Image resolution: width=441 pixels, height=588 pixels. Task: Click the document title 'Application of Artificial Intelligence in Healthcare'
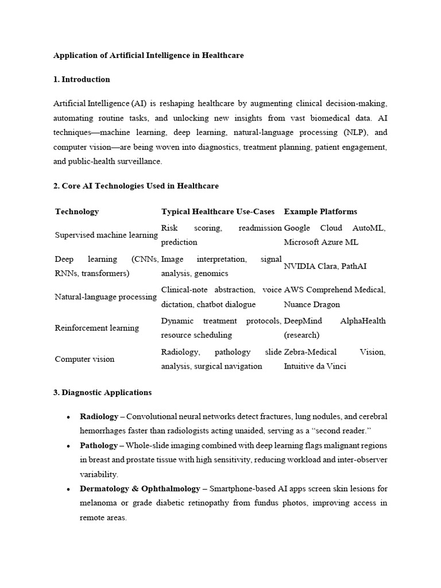point(148,56)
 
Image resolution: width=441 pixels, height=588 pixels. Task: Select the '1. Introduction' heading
point(82,79)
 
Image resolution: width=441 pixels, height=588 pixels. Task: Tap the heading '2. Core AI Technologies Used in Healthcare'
point(136,186)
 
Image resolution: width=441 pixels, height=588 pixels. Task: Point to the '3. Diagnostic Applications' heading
point(102,393)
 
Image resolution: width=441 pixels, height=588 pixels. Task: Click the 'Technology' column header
point(77,212)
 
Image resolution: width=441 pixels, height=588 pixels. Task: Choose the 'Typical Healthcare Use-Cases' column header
point(218,212)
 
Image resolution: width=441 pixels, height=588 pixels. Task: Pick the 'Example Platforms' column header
point(320,212)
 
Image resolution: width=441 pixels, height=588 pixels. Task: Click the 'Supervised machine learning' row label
point(106,235)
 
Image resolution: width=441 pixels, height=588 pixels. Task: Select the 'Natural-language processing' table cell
point(106,297)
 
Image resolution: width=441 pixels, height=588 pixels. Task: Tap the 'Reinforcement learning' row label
point(96,328)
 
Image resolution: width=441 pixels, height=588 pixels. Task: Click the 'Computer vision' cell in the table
point(84,359)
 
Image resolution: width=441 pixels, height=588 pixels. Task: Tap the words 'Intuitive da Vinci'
point(315,366)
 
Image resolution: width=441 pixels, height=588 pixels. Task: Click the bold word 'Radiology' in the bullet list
point(99,416)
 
